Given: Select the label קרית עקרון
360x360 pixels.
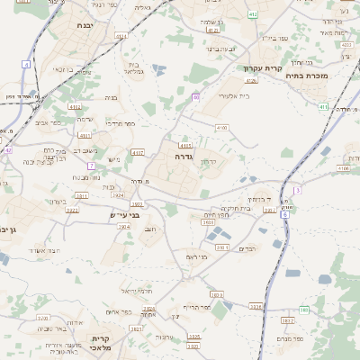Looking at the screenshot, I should pos(264,68).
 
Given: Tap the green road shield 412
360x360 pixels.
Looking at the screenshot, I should pos(253,14).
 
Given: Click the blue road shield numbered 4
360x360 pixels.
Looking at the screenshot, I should pos(26,65).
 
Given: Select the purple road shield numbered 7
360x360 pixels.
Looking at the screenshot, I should pos(91,166).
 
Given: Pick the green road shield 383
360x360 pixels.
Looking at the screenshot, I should pos(304,310).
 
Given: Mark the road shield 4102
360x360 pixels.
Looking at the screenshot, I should pos(75,106).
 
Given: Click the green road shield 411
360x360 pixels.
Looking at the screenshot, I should pos(323,107).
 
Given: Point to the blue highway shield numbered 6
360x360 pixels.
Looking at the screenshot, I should pos(284,214).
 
